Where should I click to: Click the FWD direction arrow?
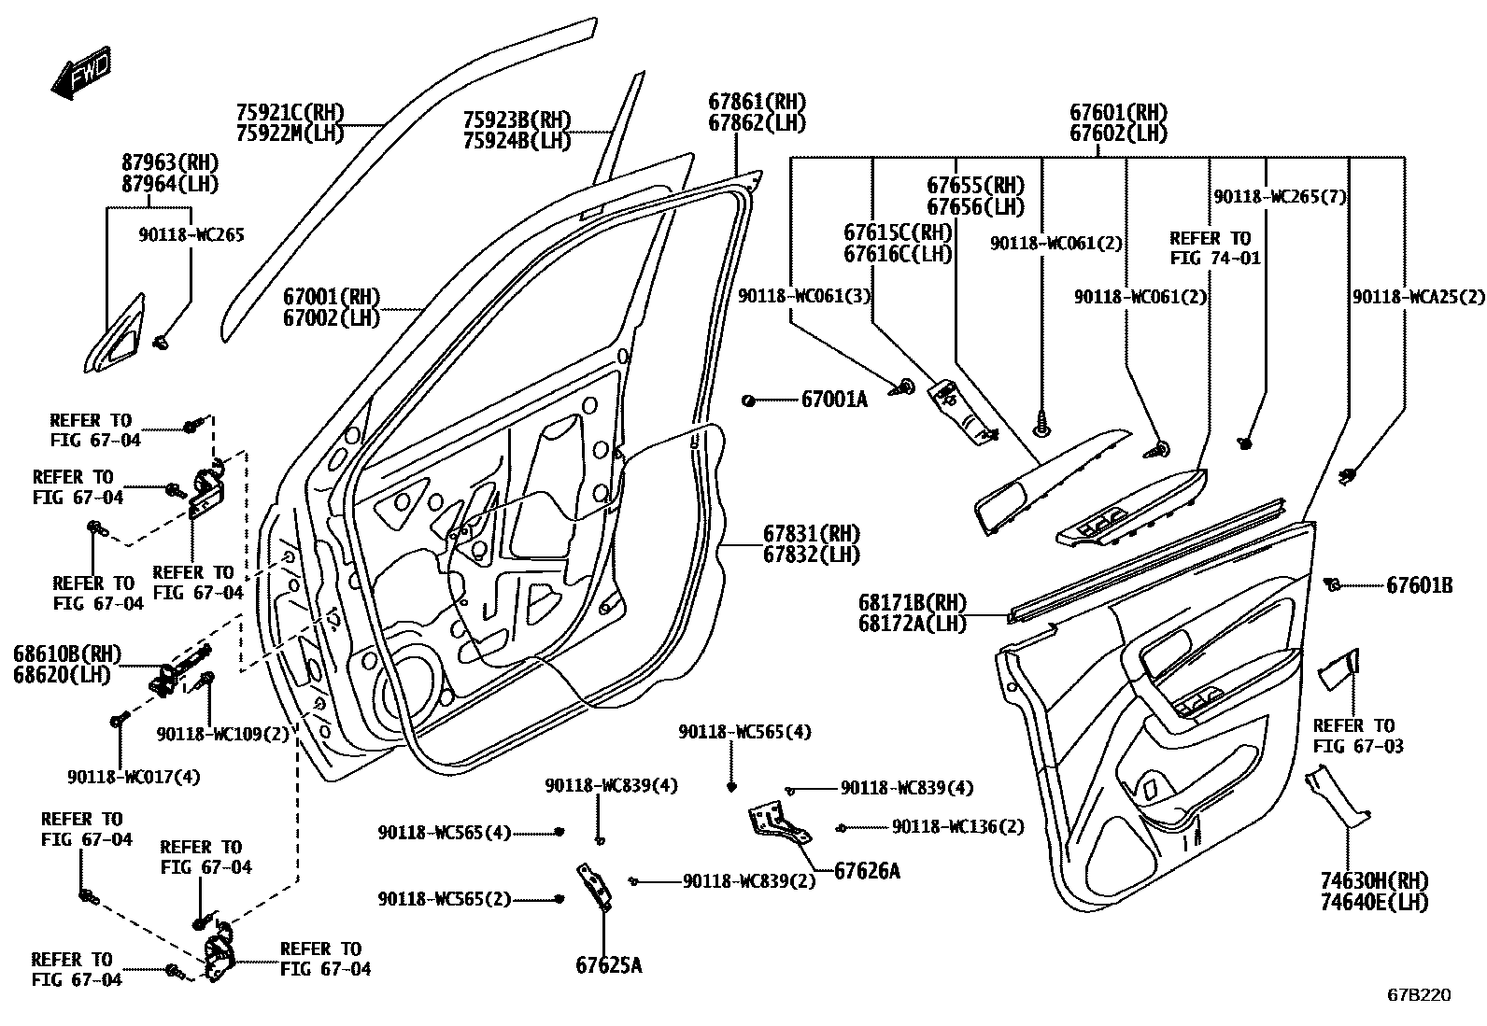tap(80, 75)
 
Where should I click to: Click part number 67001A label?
tap(833, 400)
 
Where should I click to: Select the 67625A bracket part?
tap(594, 887)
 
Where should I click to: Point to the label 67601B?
tap(1419, 586)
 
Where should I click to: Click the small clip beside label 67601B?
tap(1334, 585)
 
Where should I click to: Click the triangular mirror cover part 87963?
tap(118, 332)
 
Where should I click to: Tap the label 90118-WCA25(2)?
tap(1417, 297)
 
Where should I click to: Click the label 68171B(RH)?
tap(912, 603)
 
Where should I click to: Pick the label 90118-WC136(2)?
tap(957, 826)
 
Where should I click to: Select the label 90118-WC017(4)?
tap(133, 776)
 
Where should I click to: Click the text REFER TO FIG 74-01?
tap(1214, 247)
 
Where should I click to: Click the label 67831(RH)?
tap(811, 534)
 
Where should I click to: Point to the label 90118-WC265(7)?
tap(1279, 197)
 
